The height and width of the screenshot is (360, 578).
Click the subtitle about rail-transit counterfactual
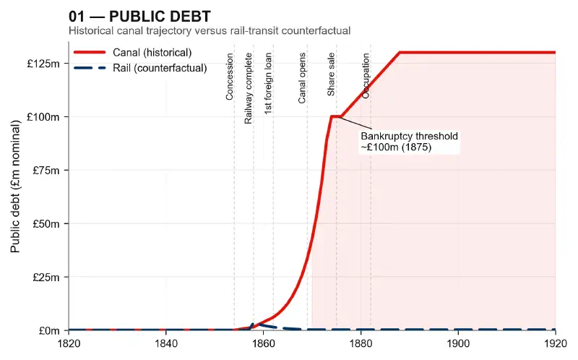[210, 31]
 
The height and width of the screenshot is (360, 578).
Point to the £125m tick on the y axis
[44, 64]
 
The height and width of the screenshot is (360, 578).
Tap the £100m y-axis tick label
[44, 117]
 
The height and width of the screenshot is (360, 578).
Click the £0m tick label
[50, 331]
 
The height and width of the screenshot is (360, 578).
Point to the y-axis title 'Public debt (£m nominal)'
[15, 186]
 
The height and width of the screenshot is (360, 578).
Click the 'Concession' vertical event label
[230, 77]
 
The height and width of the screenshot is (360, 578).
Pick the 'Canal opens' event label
[303, 78]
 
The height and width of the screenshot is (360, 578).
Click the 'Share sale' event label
[331, 74]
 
